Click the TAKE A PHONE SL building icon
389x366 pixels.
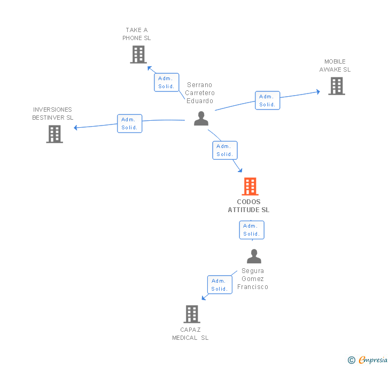[x=138, y=54]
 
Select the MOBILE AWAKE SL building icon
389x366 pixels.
[x=336, y=86]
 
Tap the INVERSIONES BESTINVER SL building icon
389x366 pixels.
[x=55, y=134]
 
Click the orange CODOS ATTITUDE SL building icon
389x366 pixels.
[x=250, y=186]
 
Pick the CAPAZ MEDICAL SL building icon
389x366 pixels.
[x=192, y=314]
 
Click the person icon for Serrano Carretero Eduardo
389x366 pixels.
[x=201, y=118]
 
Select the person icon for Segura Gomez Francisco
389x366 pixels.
[x=254, y=256]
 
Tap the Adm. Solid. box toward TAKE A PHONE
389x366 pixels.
[x=167, y=82]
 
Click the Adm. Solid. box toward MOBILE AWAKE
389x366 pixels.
[x=267, y=100]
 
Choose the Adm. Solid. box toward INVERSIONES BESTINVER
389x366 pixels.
[x=130, y=123]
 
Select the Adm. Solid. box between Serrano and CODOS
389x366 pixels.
[x=224, y=150]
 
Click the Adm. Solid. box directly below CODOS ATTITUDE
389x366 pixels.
[x=251, y=230]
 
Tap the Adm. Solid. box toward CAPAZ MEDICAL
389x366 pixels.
[x=220, y=285]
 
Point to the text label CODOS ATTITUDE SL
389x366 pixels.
[x=248, y=206]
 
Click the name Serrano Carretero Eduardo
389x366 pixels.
[x=200, y=93]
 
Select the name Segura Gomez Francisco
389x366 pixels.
[x=253, y=279]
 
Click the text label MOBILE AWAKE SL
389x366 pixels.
[x=335, y=66]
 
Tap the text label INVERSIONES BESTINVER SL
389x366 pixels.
[x=53, y=114]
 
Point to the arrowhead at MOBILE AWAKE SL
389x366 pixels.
[x=317, y=92]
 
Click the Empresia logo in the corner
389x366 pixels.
[x=368, y=360]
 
